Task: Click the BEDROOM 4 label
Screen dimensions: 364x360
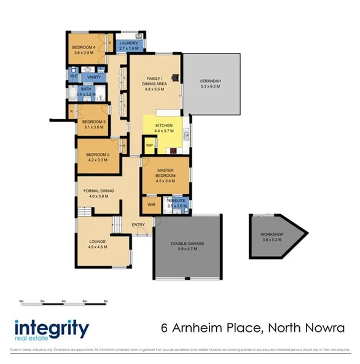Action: click(84, 47)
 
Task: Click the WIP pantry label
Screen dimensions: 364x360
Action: click(149, 145)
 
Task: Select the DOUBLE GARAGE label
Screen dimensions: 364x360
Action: click(187, 244)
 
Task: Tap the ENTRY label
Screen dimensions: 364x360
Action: click(138, 225)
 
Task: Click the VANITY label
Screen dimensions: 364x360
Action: click(94, 77)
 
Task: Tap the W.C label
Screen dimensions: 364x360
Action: click(72, 77)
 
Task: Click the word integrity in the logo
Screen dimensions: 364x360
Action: click(51, 327)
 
